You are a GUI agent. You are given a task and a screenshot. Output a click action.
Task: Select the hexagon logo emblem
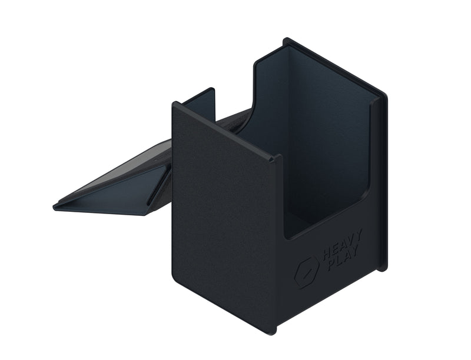coord(306,272)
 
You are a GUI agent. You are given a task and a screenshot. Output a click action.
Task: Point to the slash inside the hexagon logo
coord(306,274)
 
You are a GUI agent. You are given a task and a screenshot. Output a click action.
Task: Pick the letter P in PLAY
coord(332,265)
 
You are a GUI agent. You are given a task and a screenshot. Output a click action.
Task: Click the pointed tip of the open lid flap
coord(54,207)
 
